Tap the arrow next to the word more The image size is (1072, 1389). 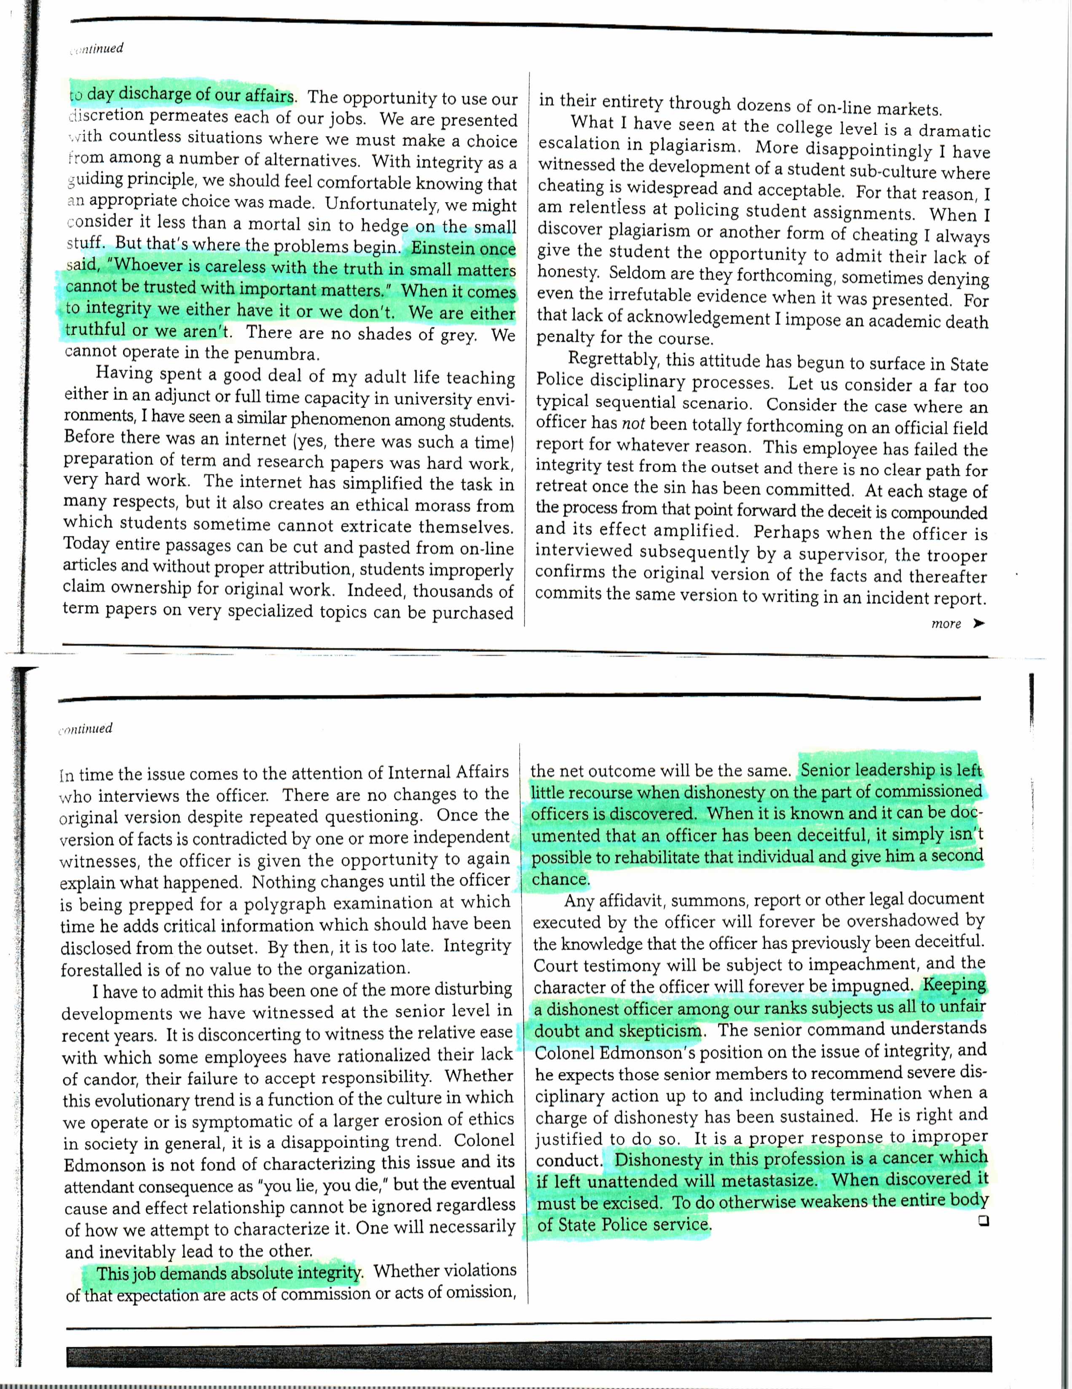pyautogui.click(x=978, y=624)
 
